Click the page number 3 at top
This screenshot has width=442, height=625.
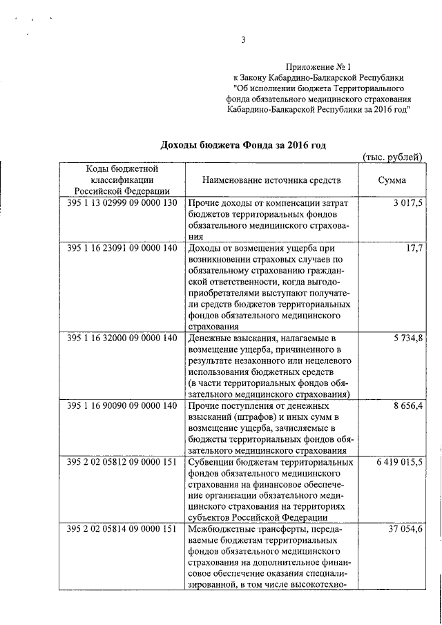click(x=242, y=40)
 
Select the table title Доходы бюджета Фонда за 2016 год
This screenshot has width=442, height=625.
click(x=242, y=145)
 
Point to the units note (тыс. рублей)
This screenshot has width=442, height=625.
click(x=392, y=157)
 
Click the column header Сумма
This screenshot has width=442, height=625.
click(x=392, y=180)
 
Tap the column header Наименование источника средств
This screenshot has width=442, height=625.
click(x=271, y=180)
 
